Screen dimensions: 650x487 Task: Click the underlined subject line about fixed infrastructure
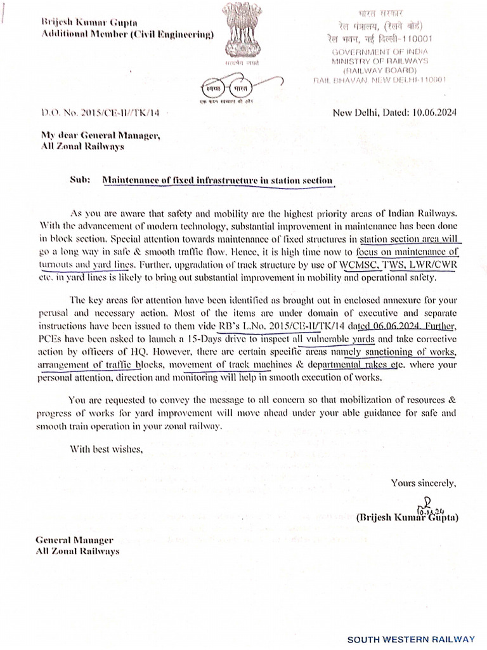pos(218,180)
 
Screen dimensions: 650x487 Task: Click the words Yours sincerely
pos(423,483)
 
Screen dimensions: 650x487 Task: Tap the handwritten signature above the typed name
pos(427,505)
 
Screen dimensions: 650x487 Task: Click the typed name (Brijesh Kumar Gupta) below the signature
pos(408,517)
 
